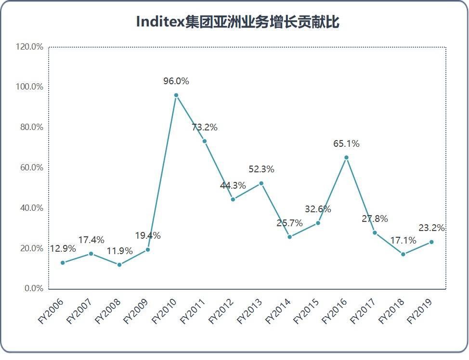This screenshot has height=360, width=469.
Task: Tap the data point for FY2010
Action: pyautogui.click(x=176, y=95)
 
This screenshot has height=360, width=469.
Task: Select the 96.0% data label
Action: pyautogui.click(x=176, y=81)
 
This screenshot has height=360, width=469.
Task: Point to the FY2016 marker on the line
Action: pyautogui.click(x=346, y=157)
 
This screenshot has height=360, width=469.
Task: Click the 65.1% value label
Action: pyautogui.click(x=346, y=143)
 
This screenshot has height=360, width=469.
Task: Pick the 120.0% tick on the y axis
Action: pyautogui.click(x=30, y=47)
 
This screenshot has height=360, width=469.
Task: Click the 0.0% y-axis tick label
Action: pyautogui.click(x=34, y=289)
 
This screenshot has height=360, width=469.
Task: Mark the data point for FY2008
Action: pyautogui.click(x=119, y=265)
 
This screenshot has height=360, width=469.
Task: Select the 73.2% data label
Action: pyautogui.click(x=204, y=128)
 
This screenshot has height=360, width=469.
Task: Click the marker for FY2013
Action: pyautogui.click(x=261, y=183)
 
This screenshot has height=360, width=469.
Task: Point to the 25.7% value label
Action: pyautogui.click(x=289, y=223)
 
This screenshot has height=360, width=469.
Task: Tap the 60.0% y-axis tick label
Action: pyautogui.click(x=32, y=168)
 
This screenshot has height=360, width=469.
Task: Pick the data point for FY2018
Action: pyautogui.click(x=403, y=254)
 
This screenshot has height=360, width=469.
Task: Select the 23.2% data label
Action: pyautogui.click(x=431, y=228)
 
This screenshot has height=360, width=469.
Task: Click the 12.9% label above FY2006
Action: pyautogui.click(x=63, y=249)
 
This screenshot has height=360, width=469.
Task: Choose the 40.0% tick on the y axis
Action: pyautogui.click(x=32, y=208)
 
